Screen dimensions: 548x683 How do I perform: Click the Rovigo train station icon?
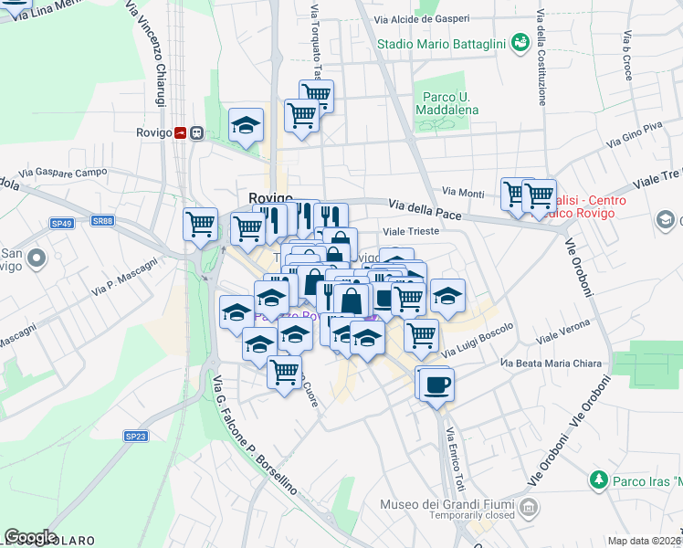[188, 132]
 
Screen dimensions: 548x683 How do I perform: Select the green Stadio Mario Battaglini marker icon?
[520, 42]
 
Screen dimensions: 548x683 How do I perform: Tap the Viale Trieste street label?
[411, 232]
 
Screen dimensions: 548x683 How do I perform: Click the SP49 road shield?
[61, 223]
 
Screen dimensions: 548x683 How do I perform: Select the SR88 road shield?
[102, 220]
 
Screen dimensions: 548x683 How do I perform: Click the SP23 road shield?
[135, 437]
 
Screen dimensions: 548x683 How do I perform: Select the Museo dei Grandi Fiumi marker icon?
[528, 505]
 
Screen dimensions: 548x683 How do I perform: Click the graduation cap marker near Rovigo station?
[246, 126]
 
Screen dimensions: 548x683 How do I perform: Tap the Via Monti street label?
[463, 193]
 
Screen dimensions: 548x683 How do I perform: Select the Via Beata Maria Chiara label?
[551, 364]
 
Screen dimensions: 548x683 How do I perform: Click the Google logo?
[30, 537]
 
